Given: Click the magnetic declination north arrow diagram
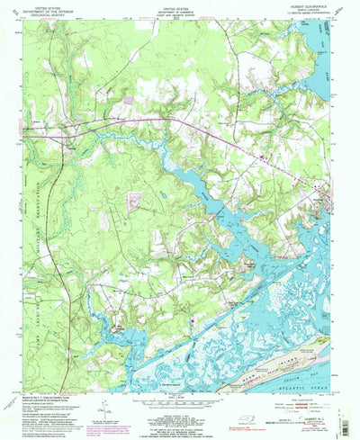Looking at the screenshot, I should click(105, 403).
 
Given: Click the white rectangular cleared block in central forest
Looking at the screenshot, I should click(135, 194).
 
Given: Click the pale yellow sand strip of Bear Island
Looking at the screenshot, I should click(270, 346).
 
